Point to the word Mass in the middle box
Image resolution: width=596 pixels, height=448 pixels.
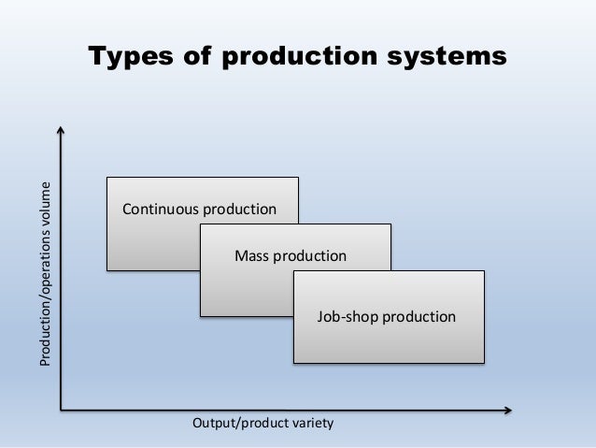coord(250,255)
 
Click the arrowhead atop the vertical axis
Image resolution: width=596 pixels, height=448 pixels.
coord(61,130)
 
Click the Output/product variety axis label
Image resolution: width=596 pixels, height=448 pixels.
coord(262,424)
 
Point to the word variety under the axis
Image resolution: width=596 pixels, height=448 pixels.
coord(311,424)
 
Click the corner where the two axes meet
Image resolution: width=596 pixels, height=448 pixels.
coord(61,409)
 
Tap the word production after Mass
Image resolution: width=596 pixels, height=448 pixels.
coord(310,255)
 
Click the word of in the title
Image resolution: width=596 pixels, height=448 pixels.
coord(196,57)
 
